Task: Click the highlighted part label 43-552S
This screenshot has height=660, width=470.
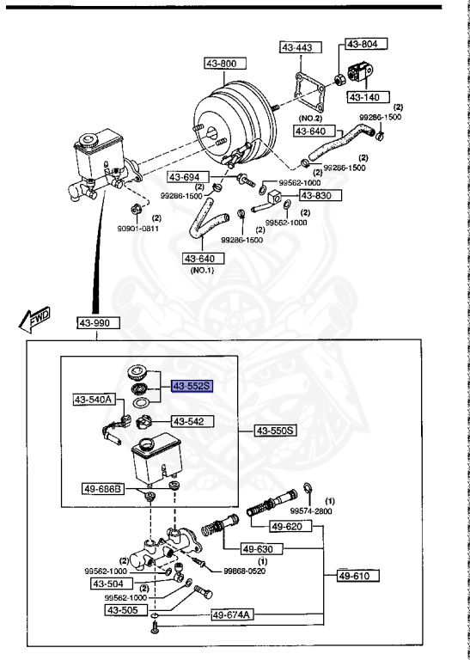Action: click(x=192, y=387)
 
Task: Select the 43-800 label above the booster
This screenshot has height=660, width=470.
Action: click(x=225, y=64)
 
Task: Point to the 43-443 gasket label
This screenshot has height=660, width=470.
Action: click(x=298, y=48)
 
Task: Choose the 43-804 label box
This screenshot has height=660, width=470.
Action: click(x=367, y=43)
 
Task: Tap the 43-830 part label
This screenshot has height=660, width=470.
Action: click(x=320, y=195)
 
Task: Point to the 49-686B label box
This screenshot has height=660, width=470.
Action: click(x=104, y=488)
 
